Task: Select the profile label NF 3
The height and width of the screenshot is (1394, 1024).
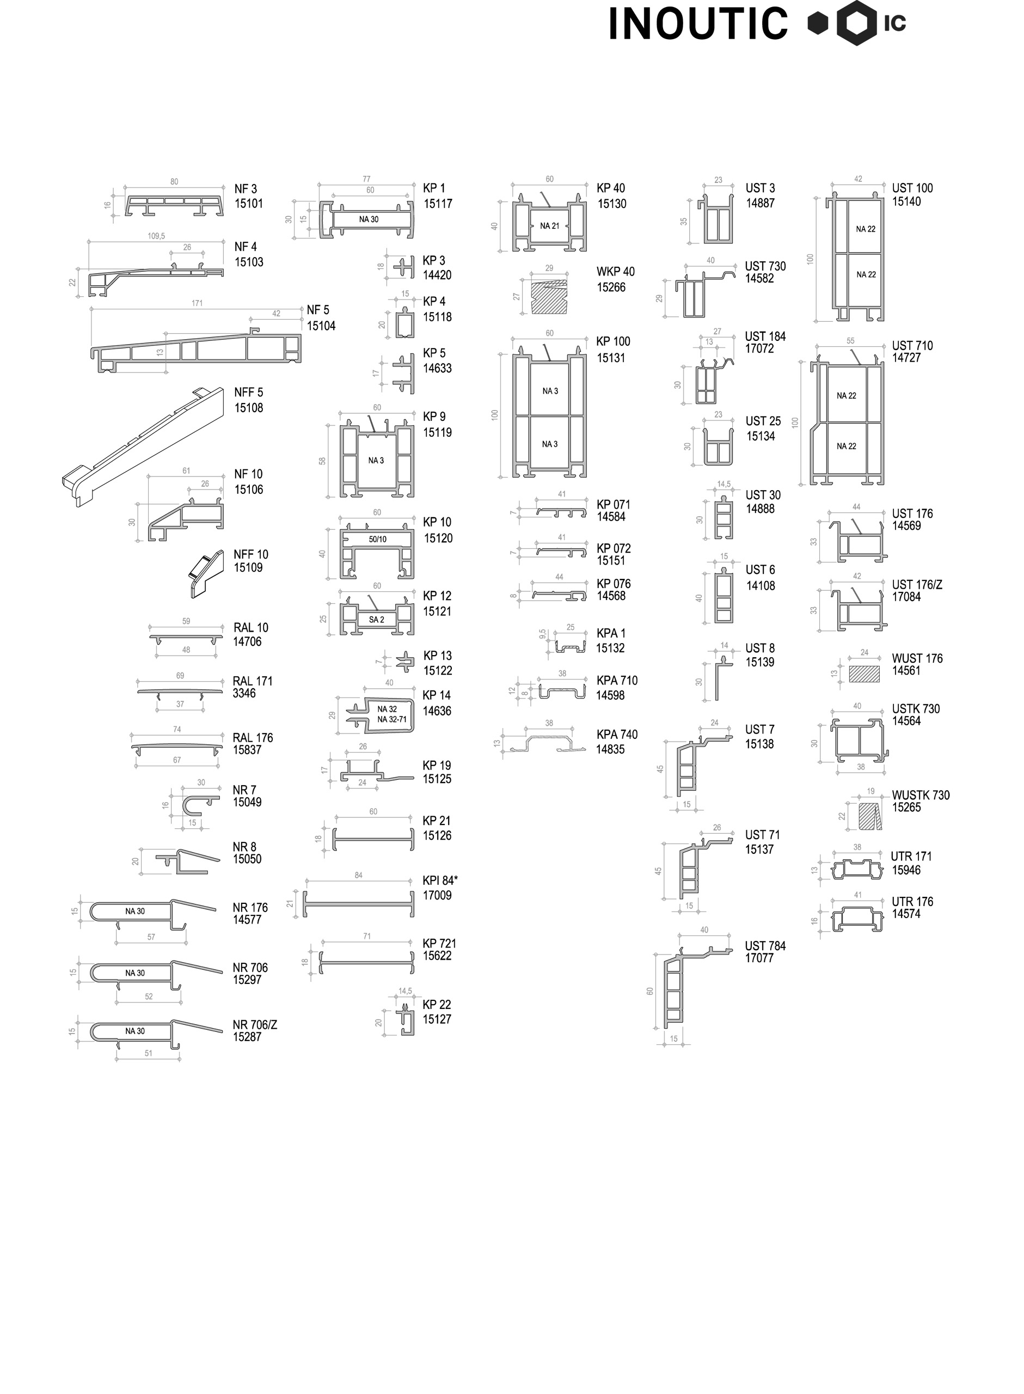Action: [246, 189]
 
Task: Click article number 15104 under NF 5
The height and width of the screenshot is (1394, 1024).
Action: [321, 326]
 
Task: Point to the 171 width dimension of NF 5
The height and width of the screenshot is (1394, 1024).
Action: [197, 303]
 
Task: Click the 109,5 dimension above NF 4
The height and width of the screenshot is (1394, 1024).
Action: [156, 236]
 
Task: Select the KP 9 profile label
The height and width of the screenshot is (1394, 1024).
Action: [434, 417]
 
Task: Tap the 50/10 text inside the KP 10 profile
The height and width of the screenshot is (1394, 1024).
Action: [377, 539]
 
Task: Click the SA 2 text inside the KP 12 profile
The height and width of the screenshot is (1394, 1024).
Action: [376, 619]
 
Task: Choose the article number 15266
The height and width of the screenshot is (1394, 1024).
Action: [611, 288]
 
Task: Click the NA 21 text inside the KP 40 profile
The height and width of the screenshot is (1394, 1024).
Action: [549, 226]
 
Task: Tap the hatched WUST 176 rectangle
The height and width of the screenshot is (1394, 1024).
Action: [864, 674]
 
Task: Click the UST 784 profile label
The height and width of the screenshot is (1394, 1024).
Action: [765, 946]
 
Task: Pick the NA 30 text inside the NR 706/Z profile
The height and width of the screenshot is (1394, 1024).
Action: [134, 1031]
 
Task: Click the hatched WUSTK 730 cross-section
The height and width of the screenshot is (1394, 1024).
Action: [869, 816]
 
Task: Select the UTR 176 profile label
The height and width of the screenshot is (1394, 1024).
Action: [912, 902]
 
